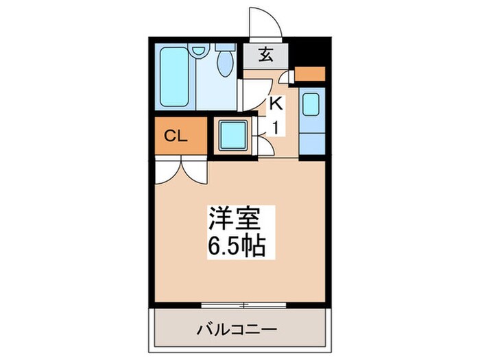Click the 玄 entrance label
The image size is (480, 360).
[265, 56]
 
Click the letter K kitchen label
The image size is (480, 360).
[275, 104]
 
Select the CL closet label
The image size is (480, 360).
[176, 136]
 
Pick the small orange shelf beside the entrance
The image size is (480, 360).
[310, 73]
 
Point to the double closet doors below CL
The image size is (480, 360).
[180, 170]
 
